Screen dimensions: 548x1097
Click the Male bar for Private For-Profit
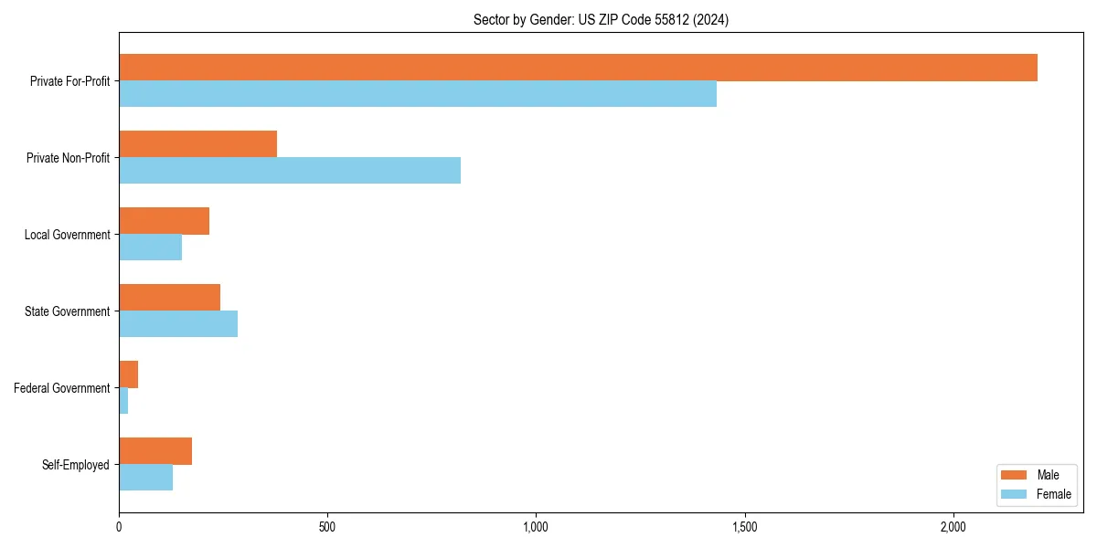(x=578, y=68)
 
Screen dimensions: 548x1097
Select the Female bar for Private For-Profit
(x=418, y=94)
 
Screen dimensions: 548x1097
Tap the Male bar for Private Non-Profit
(x=197, y=144)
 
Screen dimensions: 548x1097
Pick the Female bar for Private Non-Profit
(x=290, y=171)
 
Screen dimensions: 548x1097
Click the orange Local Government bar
(x=164, y=221)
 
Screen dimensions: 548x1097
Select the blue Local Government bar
(x=150, y=248)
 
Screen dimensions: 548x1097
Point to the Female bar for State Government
(x=178, y=324)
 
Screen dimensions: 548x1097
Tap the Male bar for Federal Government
(x=128, y=374)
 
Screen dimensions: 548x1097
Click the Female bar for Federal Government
(x=123, y=401)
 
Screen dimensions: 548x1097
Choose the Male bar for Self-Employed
(x=155, y=451)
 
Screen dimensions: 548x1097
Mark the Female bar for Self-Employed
(x=145, y=478)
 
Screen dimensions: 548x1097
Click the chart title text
(x=601, y=19)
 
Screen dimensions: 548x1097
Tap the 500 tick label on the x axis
(x=327, y=528)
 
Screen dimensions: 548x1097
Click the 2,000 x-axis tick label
(x=953, y=528)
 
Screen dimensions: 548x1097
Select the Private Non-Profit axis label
(x=68, y=158)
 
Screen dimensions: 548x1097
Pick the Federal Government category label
(x=62, y=388)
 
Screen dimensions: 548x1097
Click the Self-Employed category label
(x=75, y=465)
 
